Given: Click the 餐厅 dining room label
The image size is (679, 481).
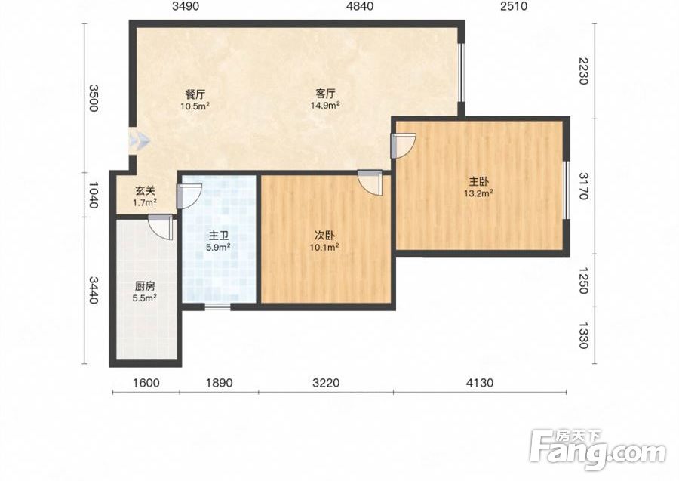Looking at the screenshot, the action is pyautogui.click(x=195, y=94).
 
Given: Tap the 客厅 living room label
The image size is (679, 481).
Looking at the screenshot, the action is pyautogui.click(x=325, y=94).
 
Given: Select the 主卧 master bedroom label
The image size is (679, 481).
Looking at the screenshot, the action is pyautogui.click(x=479, y=181).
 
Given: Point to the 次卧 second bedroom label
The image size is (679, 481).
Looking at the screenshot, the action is pyautogui.click(x=324, y=236).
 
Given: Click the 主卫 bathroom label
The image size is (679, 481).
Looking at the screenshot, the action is pyautogui.click(x=219, y=236).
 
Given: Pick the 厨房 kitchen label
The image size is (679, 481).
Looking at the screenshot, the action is pyautogui.click(x=145, y=286).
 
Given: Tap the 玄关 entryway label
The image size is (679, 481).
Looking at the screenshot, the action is pyautogui.click(x=145, y=190).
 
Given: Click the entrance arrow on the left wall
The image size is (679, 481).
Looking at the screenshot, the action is pyautogui.click(x=140, y=140).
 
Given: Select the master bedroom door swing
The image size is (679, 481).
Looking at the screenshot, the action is pyautogui.click(x=403, y=145).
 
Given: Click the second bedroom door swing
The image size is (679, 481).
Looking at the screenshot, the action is pyautogui.click(x=370, y=183).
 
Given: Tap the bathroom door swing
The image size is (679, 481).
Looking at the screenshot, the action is pyautogui.click(x=189, y=196).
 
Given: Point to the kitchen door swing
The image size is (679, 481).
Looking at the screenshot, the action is pyautogui.click(x=161, y=227).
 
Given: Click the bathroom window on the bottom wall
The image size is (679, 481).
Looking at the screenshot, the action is pyautogui.click(x=217, y=307).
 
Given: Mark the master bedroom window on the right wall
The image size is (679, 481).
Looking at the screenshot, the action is pyautogui.click(x=566, y=190).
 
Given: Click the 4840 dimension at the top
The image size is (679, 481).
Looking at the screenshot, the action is pyautogui.click(x=360, y=6).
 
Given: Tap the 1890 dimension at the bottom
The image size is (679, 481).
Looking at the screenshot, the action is pyautogui.click(x=219, y=383).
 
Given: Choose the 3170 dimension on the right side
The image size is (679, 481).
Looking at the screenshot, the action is pyautogui.click(x=584, y=186).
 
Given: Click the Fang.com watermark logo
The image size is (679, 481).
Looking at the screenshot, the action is pyautogui.click(x=598, y=450).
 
